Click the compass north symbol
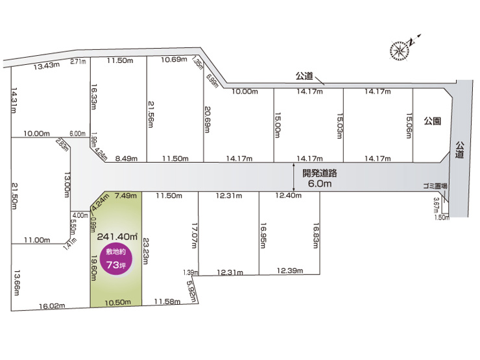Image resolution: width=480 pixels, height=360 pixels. [x=400, y=48]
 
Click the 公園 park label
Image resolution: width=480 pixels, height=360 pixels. [x=433, y=121]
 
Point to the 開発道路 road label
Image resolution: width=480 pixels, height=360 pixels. [x=320, y=174]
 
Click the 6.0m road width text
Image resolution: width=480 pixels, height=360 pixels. [x=320, y=184]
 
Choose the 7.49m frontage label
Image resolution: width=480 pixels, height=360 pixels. [x=125, y=195]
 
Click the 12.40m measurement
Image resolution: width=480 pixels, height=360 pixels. [x=288, y=195]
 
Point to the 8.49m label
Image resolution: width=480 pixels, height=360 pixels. [x=127, y=158]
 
